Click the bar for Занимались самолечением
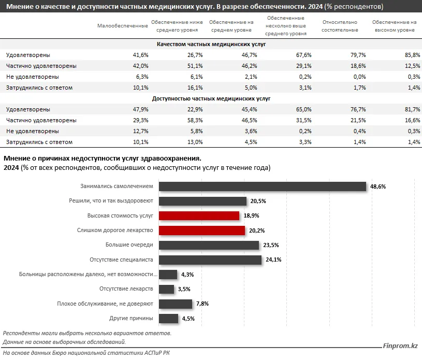tap(262, 186)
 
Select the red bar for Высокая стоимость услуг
tap(199, 215)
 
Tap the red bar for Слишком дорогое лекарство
tap(202, 230)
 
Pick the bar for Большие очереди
tap(209, 245)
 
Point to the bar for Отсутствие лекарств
tap(166, 289)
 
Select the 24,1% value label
tap(273, 260)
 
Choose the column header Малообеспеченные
tap(123, 26)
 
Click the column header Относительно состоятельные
tap(340, 26)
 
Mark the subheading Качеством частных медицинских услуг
tap(211, 45)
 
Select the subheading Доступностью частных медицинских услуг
tap(211, 98)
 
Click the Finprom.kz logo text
tap(399, 345)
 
